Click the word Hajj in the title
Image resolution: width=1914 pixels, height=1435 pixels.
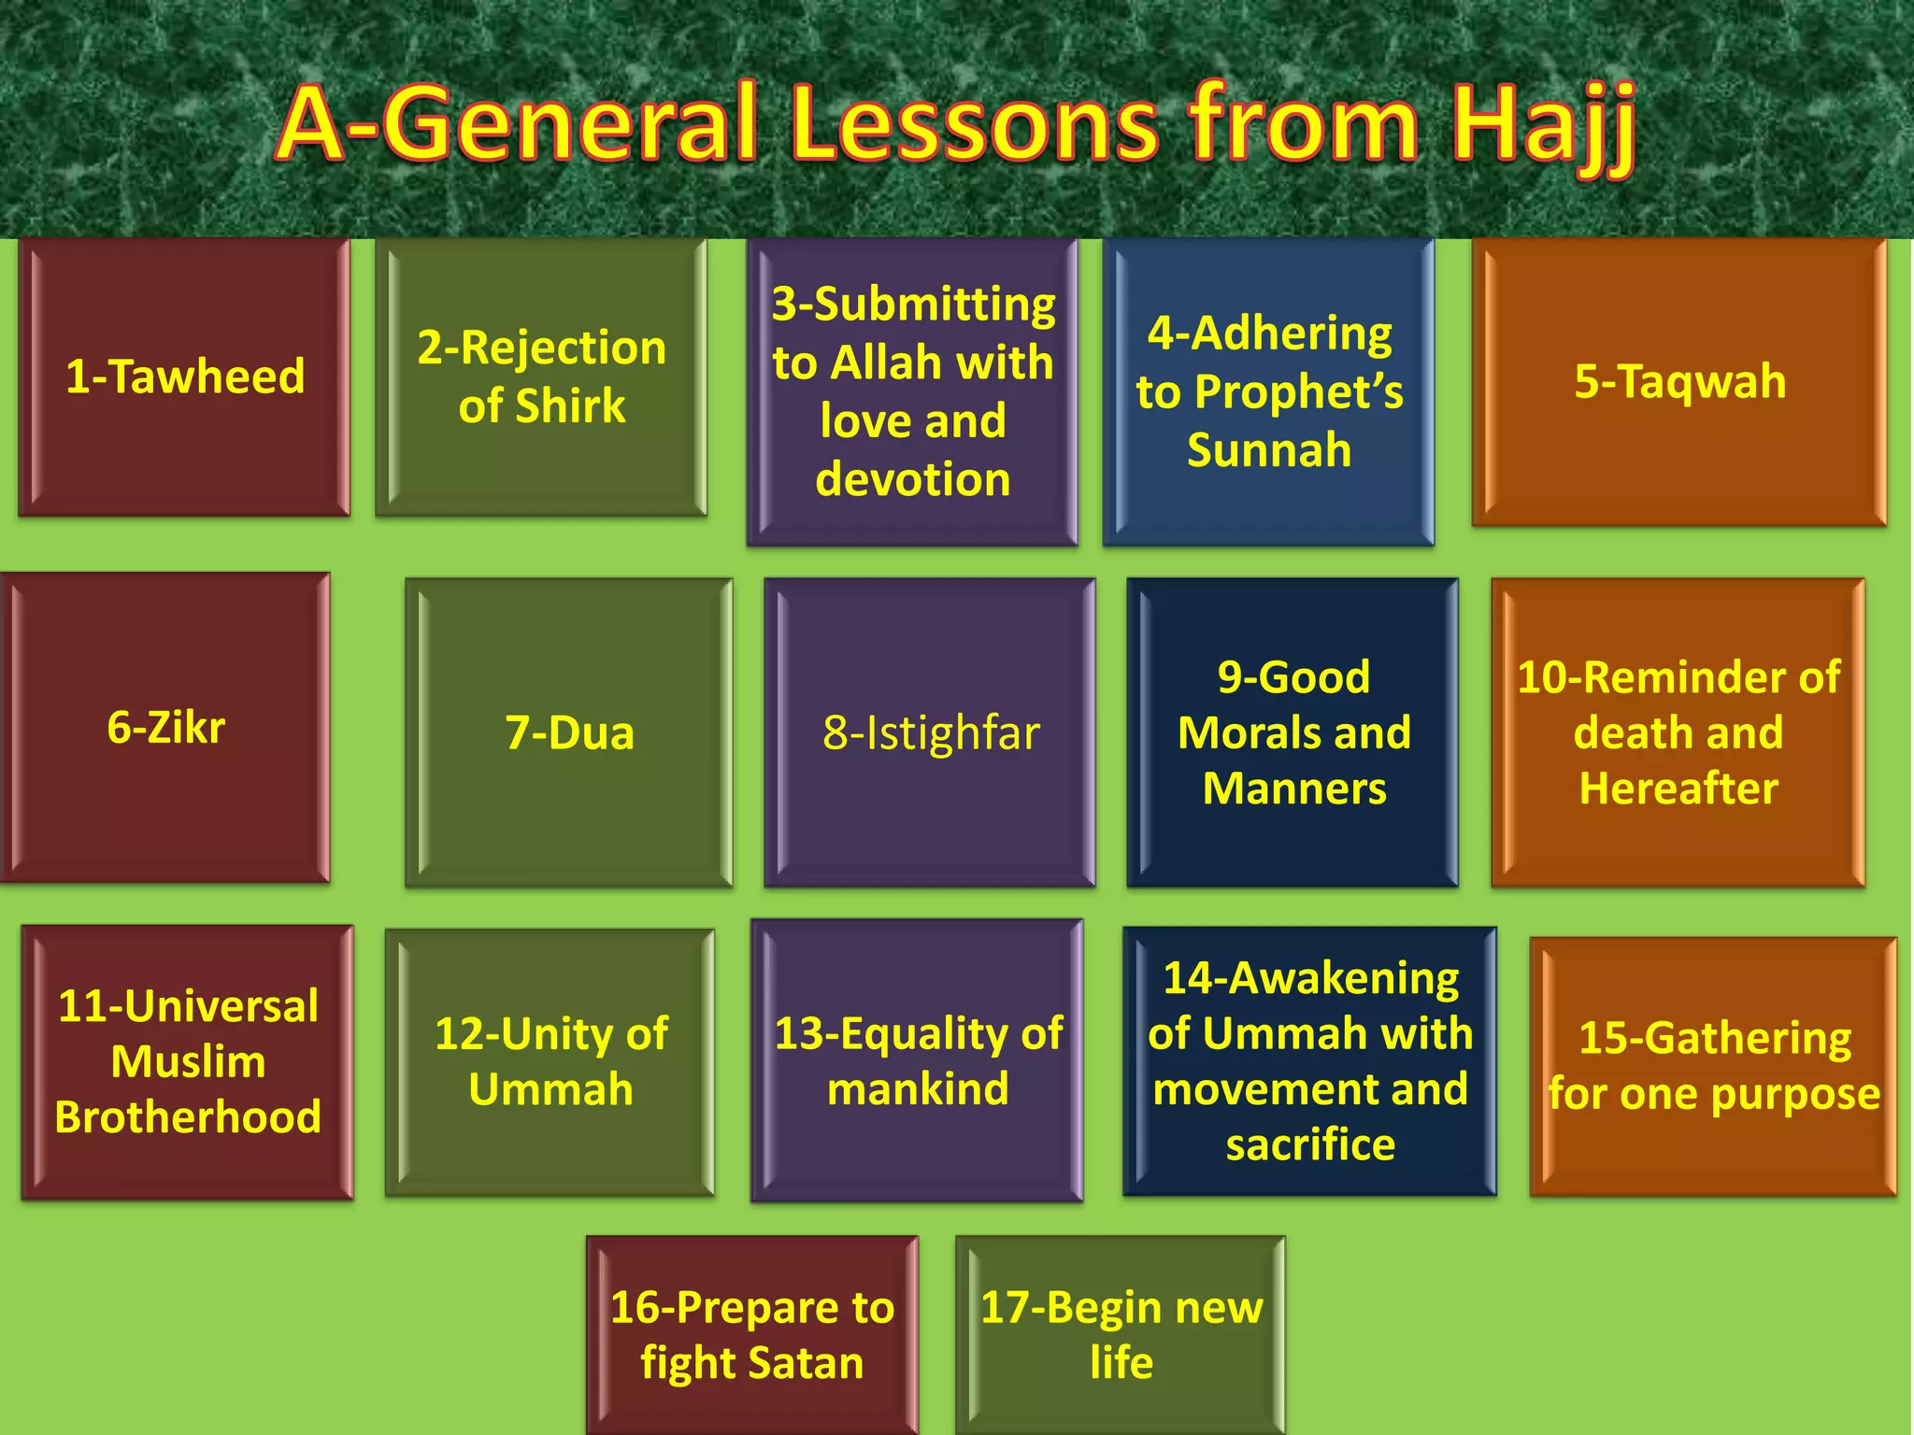1542,126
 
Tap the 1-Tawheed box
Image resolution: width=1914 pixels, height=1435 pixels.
185,377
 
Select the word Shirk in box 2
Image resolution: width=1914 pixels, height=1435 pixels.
570,406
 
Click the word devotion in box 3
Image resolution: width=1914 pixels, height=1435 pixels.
913,479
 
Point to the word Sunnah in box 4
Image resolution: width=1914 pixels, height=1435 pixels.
1269,450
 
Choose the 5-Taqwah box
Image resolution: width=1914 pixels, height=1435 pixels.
1679,381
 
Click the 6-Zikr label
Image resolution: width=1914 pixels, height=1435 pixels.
166,727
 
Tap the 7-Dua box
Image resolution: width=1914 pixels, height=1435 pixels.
569,732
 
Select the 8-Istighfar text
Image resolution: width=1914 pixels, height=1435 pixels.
931,732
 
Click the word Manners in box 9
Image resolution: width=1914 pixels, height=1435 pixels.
1294,789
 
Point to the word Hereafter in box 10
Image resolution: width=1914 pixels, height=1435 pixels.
1678,789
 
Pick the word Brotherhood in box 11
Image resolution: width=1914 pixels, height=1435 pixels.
188,1117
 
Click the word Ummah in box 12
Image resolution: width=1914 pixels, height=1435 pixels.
551,1089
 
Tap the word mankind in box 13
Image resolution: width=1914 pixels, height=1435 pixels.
918,1089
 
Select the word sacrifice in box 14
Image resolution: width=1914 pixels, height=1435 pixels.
1310,1144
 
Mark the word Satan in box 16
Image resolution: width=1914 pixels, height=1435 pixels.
808,1363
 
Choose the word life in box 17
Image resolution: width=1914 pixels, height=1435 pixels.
1121,1363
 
